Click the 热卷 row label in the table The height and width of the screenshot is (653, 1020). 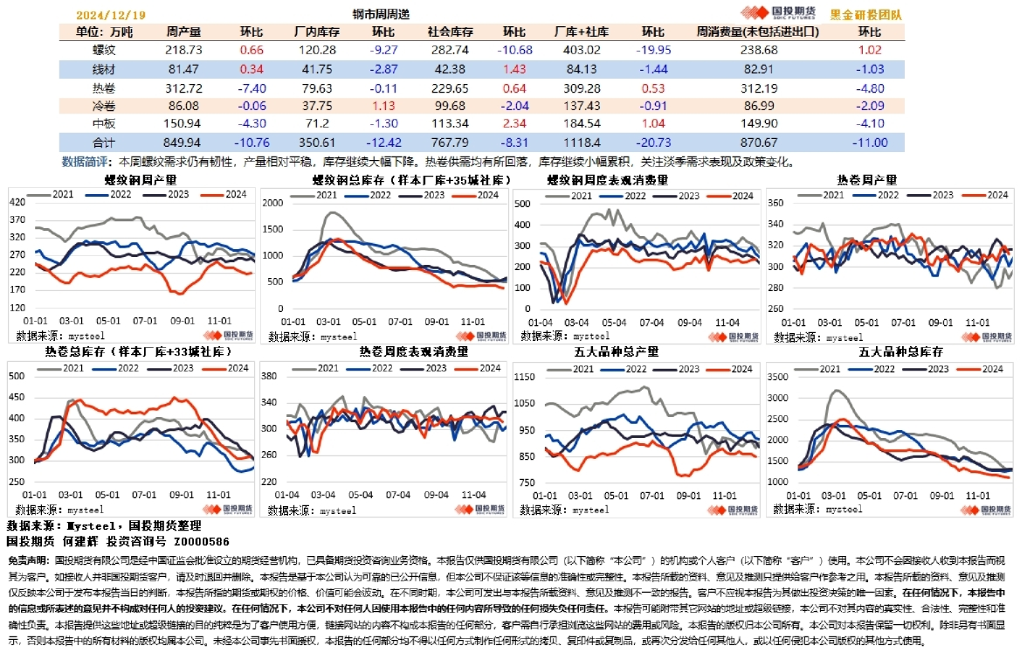(x=103, y=87)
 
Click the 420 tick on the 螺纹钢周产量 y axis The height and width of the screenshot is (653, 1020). (x=17, y=203)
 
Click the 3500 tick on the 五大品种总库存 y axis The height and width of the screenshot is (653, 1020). (x=778, y=377)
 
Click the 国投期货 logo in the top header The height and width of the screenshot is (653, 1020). (x=777, y=14)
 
